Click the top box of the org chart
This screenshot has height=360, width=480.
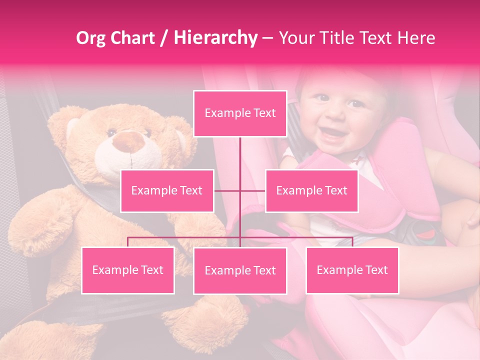[x=240, y=113]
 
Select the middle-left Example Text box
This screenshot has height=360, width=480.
[x=167, y=190]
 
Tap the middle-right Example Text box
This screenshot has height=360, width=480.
[x=311, y=190]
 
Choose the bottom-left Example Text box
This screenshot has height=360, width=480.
[x=128, y=270]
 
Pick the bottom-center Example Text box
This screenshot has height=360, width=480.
[x=240, y=270]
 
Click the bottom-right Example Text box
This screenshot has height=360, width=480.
[x=352, y=270]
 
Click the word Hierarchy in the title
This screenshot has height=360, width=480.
[x=215, y=37]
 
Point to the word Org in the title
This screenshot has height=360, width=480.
[x=90, y=37]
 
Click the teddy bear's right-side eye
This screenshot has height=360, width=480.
[x=147, y=133]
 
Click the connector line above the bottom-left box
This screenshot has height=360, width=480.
[x=128, y=241]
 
